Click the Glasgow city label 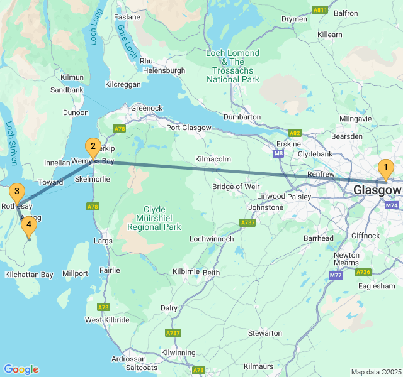[x=377, y=190]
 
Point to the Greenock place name [x=147, y=108]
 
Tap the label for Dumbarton [x=242, y=117]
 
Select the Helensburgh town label [x=164, y=71]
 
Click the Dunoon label [x=76, y=112]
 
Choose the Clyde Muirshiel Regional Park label [x=154, y=218]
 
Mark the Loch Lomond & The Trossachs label [x=233, y=66]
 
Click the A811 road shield [x=320, y=11]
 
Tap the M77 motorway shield [x=335, y=275]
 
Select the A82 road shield [x=294, y=133]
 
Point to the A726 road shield [x=363, y=272]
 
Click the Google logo [x=21, y=369]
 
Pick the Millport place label [x=75, y=274]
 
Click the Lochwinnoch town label [x=212, y=239]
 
